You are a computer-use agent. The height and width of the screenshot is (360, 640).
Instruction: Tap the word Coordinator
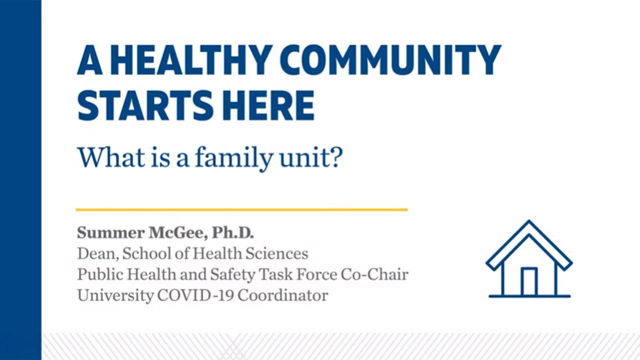(x=282, y=295)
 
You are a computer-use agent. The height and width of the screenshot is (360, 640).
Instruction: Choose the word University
(x=114, y=295)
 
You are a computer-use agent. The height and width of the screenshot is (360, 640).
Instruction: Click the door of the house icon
(x=528, y=282)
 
